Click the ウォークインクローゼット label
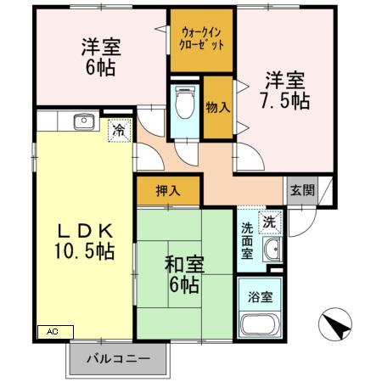[202, 39]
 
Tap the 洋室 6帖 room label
[100, 57]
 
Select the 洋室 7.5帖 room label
[284, 92]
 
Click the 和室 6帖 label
[183, 276]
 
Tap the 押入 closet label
[168, 191]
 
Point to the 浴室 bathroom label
[261, 298]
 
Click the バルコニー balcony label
[119, 358]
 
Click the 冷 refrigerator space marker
[116, 132]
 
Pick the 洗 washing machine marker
[268, 222]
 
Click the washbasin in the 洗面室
[272, 250]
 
